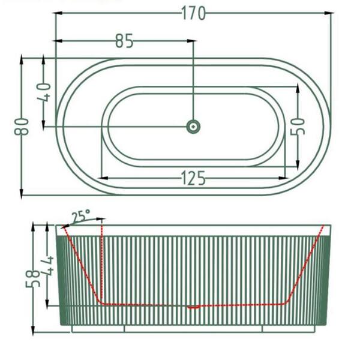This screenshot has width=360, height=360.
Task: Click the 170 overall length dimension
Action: coord(193,13)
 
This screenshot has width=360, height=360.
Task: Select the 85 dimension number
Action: coord(124,41)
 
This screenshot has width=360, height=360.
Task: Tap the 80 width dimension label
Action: coord(22,127)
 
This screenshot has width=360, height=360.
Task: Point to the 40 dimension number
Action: coord(44,92)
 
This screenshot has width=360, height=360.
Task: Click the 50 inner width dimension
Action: coord(298,127)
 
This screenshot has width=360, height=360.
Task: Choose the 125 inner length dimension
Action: coord(193,178)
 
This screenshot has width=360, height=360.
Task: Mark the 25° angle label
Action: coord(81,215)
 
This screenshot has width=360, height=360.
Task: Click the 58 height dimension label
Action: coord(33,278)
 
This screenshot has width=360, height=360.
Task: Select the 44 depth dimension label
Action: coord(47,266)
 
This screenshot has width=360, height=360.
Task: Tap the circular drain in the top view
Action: coord(193,127)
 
